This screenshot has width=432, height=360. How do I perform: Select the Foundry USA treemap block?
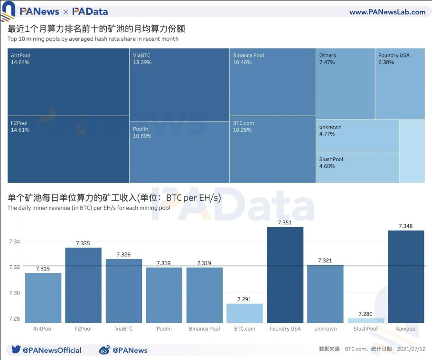(400, 83)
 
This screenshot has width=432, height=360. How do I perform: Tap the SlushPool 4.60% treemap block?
(357, 167)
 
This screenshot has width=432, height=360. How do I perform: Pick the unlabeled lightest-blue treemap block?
(412, 151)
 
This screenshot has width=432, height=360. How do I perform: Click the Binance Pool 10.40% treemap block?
(272, 82)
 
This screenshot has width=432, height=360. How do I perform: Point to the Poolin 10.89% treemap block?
(179, 152)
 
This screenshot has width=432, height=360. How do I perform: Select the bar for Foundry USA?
(285, 275)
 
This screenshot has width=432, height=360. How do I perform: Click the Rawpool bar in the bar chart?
(406, 277)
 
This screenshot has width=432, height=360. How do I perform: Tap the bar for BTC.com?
(244, 313)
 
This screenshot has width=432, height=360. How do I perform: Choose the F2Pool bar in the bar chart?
(83, 285)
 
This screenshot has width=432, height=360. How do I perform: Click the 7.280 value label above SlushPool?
(366, 314)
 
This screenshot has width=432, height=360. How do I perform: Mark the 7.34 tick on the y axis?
(15, 242)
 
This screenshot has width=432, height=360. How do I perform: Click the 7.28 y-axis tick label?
(15, 319)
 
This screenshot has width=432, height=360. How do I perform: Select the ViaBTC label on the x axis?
(123, 329)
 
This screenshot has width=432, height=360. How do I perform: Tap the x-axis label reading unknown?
(325, 329)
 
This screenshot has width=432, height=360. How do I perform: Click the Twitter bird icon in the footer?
(15, 350)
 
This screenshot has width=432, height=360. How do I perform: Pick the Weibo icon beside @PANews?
(104, 350)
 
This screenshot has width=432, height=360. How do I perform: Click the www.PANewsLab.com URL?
(387, 12)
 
